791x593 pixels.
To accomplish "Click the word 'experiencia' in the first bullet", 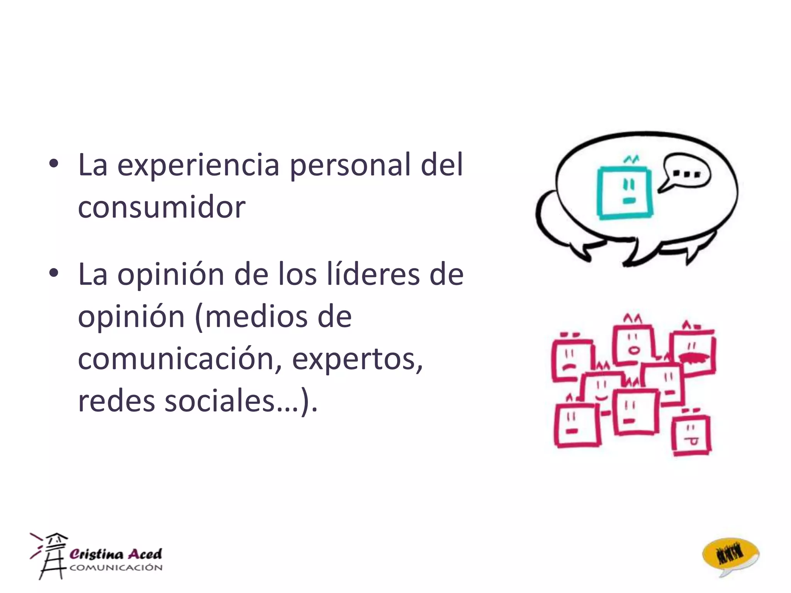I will click(198, 165).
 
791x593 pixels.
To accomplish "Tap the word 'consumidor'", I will click(161, 207).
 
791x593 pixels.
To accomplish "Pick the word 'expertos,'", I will click(357, 359).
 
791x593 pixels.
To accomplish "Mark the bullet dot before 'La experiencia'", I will click(54, 164).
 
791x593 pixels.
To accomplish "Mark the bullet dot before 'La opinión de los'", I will click(54, 273).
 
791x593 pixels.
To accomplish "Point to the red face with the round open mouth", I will click(633, 345).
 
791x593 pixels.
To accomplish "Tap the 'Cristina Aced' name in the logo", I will click(115, 554).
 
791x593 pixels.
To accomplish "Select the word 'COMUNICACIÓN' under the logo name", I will click(116, 568).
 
